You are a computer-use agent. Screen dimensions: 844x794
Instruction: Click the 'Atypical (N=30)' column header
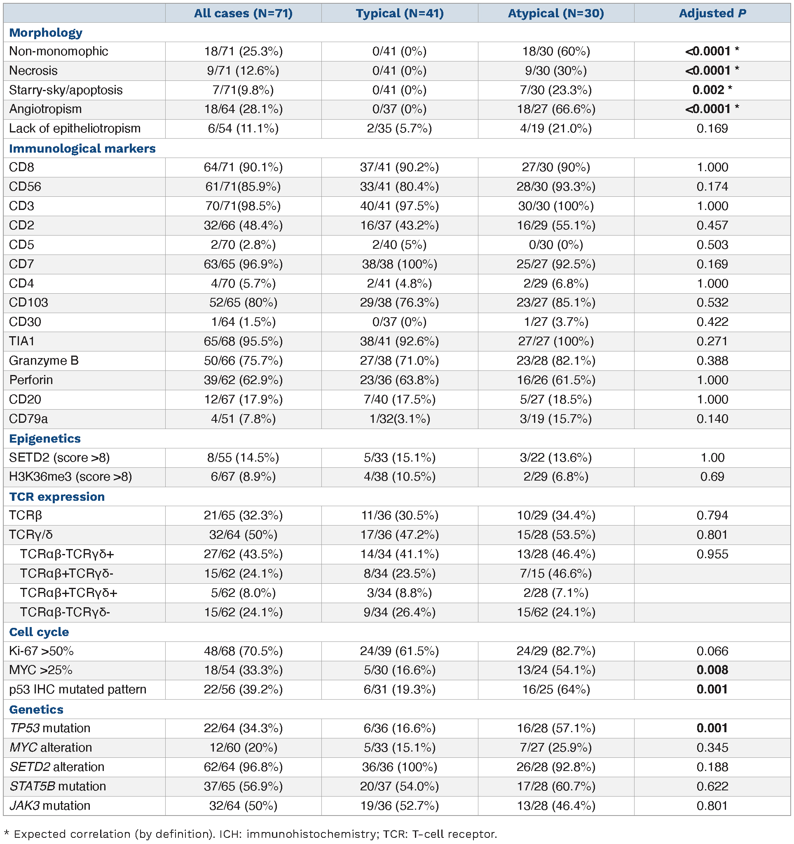click(x=555, y=13)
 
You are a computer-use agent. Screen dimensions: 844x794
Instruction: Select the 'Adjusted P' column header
click(x=712, y=13)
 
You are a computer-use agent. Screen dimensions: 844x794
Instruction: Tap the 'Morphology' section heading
click(x=46, y=33)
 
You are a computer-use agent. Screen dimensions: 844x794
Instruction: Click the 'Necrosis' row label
click(x=33, y=71)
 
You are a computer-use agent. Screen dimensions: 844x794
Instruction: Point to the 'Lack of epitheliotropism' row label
click(x=75, y=128)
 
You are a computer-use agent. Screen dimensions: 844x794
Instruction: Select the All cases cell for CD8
click(x=243, y=167)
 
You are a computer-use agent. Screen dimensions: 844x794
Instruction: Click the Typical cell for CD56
click(x=400, y=186)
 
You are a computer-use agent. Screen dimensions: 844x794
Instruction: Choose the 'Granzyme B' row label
click(x=44, y=361)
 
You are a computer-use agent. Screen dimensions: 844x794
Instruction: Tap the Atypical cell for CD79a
click(x=555, y=419)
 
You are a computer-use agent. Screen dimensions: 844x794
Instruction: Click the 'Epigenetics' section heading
click(x=45, y=439)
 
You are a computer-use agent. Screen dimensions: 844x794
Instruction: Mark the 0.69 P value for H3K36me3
click(x=712, y=476)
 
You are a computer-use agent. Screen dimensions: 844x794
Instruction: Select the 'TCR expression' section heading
click(x=57, y=496)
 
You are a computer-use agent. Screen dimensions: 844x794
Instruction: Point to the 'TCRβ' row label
click(x=26, y=515)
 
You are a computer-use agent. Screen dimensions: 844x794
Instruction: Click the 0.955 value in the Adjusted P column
click(x=712, y=554)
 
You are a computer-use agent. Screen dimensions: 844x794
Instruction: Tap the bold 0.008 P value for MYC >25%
click(x=712, y=670)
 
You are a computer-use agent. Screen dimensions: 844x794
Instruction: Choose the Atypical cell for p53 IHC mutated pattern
click(x=555, y=689)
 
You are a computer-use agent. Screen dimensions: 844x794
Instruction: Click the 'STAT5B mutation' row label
click(x=58, y=786)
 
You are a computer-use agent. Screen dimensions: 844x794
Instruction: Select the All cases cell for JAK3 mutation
click(x=243, y=805)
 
